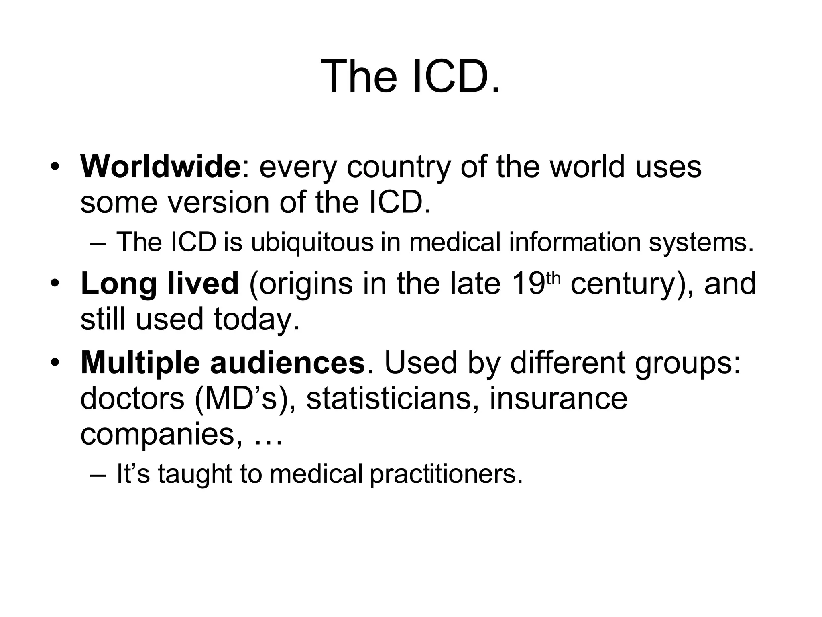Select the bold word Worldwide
tap(160, 167)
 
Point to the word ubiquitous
tap(312, 242)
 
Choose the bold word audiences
tap(287, 363)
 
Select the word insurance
tap(558, 398)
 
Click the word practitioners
tap(446, 474)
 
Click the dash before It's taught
tap(98, 474)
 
